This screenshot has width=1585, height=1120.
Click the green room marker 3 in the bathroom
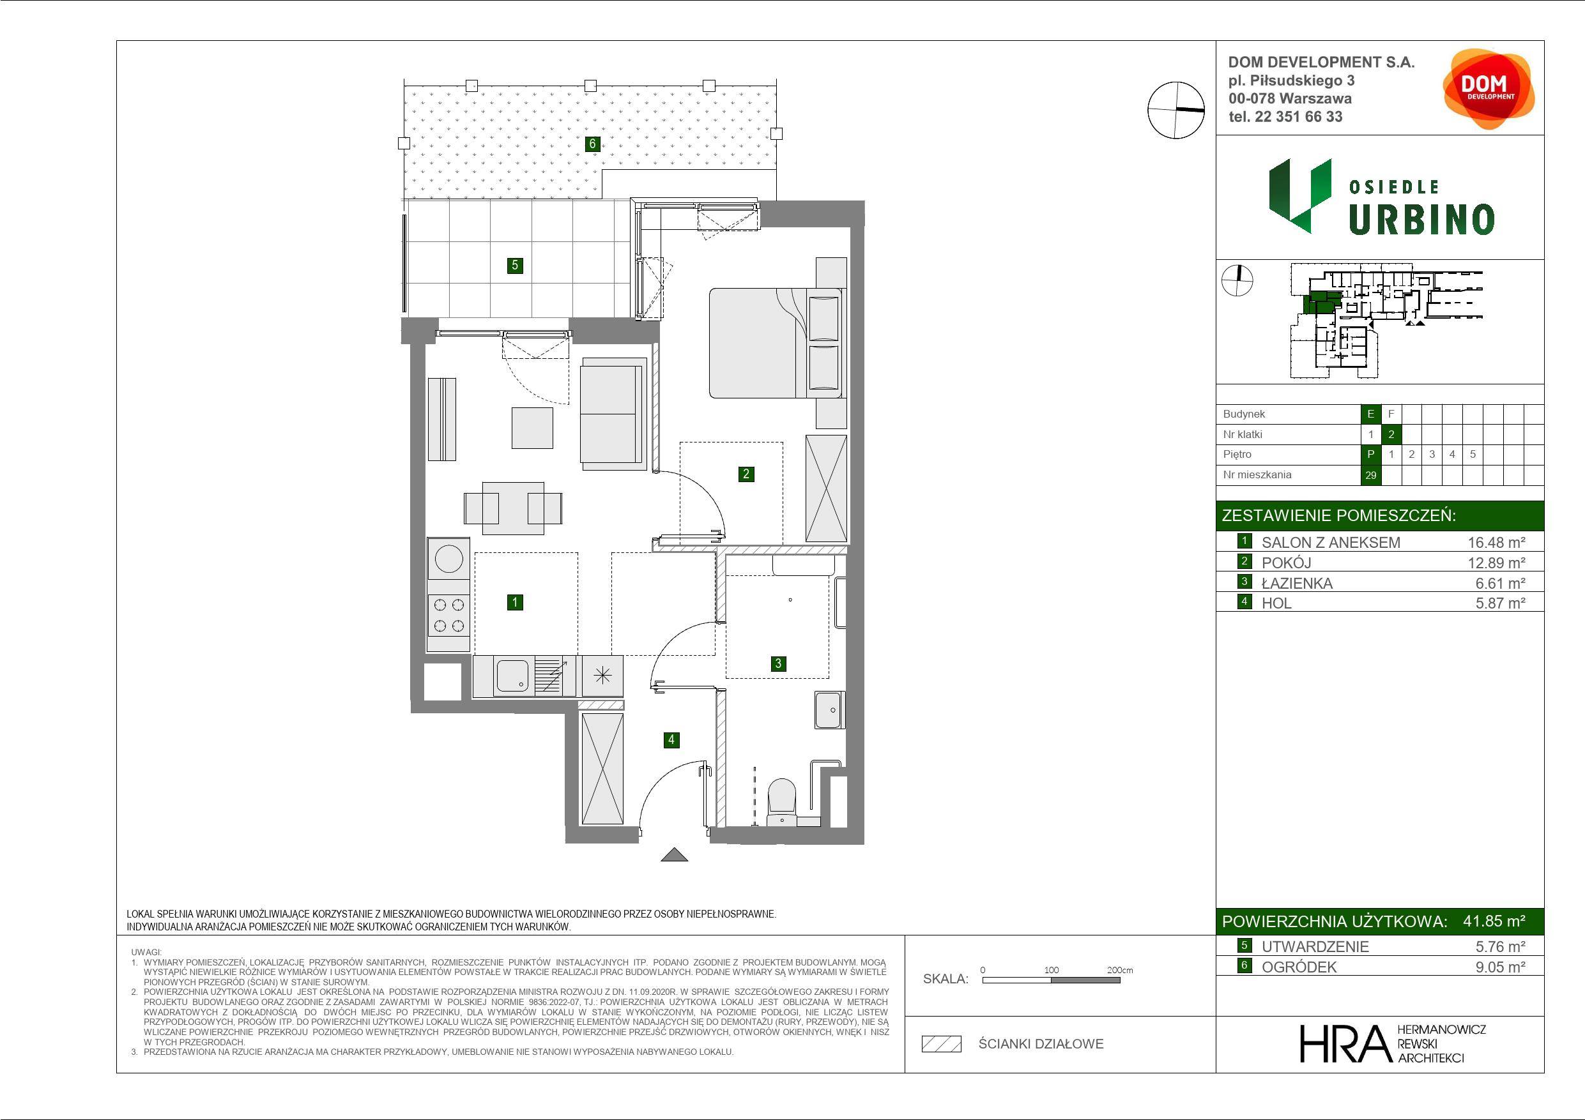click(x=778, y=663)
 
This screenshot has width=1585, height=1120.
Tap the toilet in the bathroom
click(x=782, y=802)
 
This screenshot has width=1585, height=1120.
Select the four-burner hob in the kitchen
click(x=448, y=616)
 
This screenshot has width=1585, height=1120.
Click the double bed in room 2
click(x=775, y=343)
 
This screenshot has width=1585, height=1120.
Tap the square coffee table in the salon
click(x=532, y=428)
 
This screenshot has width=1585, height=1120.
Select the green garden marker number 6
click(x=592, y=144)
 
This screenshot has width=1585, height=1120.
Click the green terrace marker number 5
click(x=514, y=265)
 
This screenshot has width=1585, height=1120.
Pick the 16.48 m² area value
click(x=1496, y=542)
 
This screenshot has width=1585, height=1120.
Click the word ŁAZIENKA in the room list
click(x=1297, y=583)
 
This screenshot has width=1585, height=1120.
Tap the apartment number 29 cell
click(x=1370, y=475)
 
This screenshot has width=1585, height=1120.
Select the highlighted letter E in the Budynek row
click(x=1370, y=414)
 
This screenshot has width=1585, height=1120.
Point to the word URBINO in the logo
click(x=1421, y=220)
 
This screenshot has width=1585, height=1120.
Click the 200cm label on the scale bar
click(x=1120, y=969)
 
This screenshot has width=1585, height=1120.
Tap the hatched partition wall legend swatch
click(x=942, y=1044)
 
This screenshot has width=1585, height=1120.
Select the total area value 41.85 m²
click(x=1494, y=921)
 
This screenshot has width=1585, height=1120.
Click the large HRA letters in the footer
click(x=1344, y=1043)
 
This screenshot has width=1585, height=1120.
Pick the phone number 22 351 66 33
click(x=1299, y=117)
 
